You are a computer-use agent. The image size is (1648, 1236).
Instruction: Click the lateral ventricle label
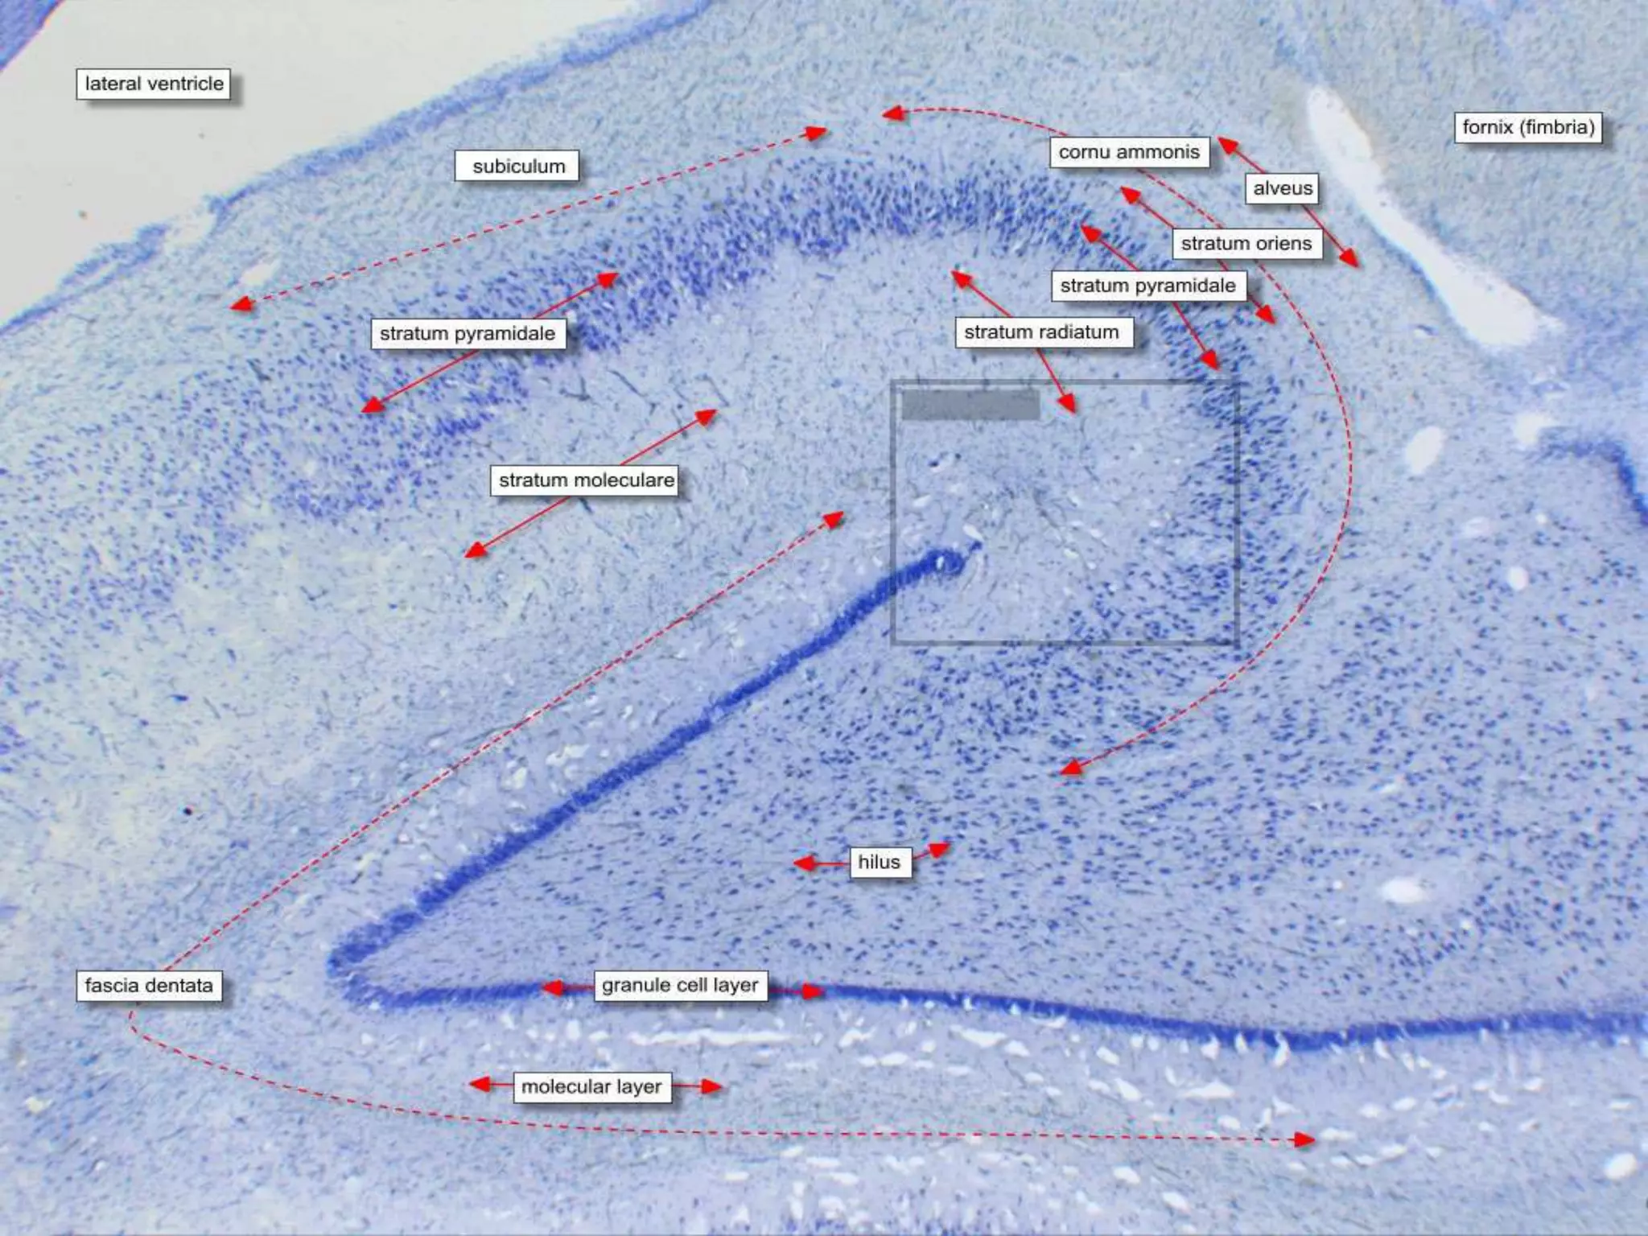point(154,84)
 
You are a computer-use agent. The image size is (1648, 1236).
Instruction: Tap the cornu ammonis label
point(1128,152)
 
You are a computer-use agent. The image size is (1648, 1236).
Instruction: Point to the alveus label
point(1282,188)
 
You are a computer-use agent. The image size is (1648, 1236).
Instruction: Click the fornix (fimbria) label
point(1527,127)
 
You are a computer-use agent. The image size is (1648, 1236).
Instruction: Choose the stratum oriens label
point(1246,243)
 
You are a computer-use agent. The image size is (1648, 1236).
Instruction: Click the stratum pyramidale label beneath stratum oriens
point(1147,286)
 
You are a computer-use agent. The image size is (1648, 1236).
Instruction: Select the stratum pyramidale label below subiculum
point(468,333)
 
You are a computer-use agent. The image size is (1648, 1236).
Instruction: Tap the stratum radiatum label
point(1041,332)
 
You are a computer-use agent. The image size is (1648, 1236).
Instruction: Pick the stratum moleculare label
point(585,480)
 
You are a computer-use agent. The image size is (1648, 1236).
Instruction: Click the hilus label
point(879,863)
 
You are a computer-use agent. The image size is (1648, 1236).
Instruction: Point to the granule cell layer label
point(680,986)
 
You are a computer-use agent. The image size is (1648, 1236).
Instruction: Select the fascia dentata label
point(149,986)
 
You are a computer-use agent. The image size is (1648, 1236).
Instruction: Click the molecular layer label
point(591,1087)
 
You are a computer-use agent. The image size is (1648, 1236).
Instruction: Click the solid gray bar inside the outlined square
point(970,404)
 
